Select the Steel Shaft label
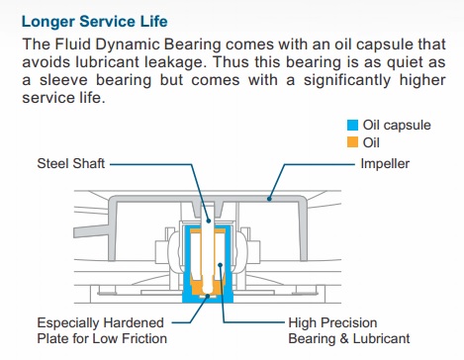pyautogui.click(x=70, y=162)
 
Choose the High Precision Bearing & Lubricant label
pyautogui.click(x=348, y=330)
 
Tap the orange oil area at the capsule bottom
pyautogui.click(x=213, y=287)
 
